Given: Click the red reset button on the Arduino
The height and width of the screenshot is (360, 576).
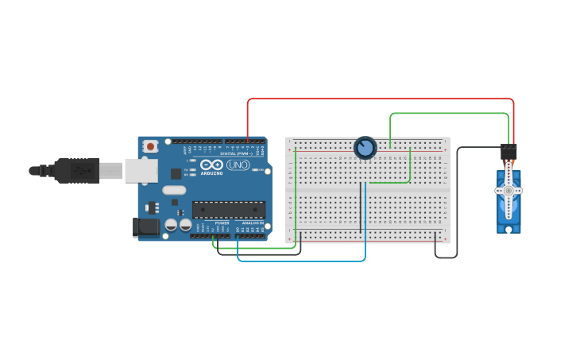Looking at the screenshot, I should [150, 146].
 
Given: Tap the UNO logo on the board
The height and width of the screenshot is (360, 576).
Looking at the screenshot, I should [238, 165].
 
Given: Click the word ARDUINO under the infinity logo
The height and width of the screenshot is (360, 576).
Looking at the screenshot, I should [211, 172].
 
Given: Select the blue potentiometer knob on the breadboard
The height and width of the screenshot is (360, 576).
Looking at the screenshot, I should [365, 148].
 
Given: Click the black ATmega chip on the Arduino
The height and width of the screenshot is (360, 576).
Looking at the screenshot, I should [228, 210].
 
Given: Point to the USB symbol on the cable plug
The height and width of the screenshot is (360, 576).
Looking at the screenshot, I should [79, 170].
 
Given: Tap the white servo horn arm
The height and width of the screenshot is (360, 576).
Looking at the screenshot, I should [508, 191].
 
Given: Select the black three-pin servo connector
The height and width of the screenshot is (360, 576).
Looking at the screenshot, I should [508, 151].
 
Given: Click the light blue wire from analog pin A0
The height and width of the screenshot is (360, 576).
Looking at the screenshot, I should [302, 260].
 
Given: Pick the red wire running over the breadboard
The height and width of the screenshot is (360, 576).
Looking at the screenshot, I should [381, 99].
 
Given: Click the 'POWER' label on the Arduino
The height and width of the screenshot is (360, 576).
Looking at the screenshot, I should [222, 223].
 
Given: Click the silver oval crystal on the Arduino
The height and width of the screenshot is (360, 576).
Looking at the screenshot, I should [174, 190].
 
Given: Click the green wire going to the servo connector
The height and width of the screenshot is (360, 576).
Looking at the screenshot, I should [449, 114].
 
